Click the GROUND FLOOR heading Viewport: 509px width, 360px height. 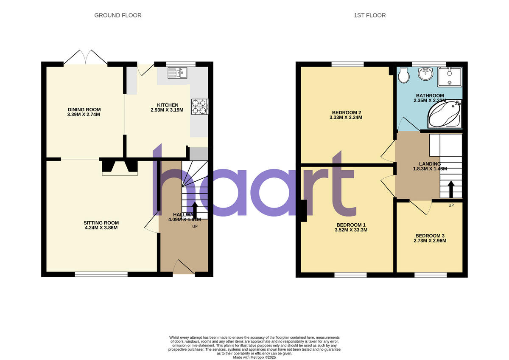point(117,15)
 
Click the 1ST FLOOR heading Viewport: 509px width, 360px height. point(369,15)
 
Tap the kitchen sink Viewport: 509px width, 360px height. point(178,73)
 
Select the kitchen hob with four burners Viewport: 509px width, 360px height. point(200,107)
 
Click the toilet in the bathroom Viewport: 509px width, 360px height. point(404,76)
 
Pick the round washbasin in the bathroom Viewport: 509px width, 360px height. point(425,74)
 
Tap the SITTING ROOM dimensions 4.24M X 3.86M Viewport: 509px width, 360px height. point(101,228)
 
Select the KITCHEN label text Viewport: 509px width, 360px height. point(168,105)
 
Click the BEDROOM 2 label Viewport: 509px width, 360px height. point(347,112)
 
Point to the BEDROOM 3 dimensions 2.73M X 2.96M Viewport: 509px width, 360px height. point(431,241)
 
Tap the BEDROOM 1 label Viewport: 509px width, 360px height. point(351,225)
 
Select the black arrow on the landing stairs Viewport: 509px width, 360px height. point(450,189)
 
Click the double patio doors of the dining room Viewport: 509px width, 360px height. point(86,58)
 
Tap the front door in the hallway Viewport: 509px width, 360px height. point(184,268)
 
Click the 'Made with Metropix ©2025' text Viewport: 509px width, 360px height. point(255,357)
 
